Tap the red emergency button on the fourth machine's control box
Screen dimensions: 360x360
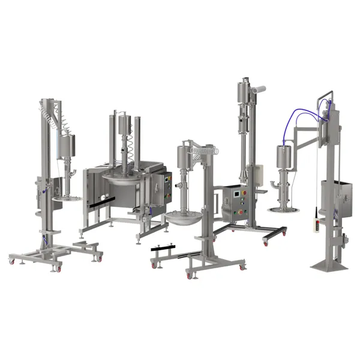coord(242,211)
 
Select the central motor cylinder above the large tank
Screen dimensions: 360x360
coord(125,127)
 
